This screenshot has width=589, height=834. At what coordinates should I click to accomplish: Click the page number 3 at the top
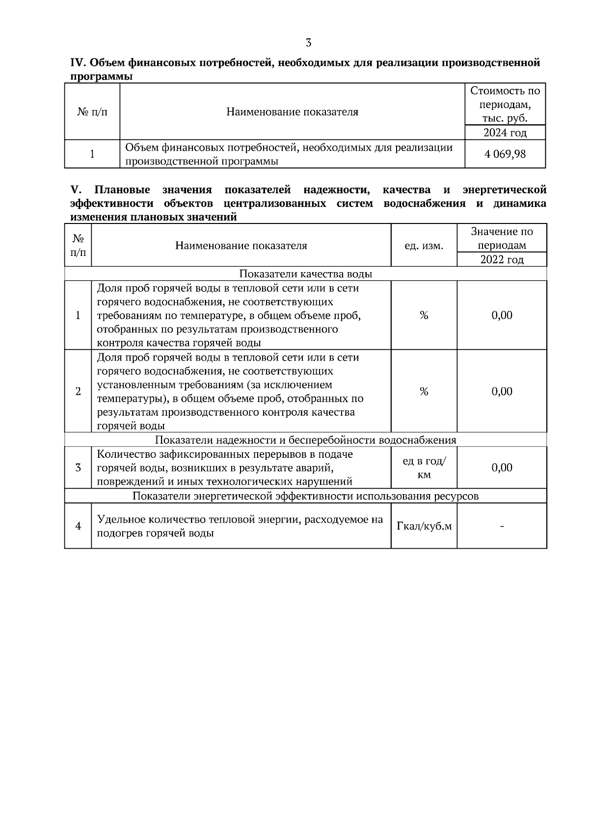308,43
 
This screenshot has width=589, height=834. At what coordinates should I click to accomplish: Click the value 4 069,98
505,154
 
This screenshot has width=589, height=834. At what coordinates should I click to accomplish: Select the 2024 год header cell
505,133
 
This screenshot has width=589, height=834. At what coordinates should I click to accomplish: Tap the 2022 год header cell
502,259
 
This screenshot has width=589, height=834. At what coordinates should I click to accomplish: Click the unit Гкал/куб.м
424,527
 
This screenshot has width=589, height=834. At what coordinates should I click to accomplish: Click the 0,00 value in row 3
502,468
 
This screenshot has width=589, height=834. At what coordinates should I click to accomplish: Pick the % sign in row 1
424,315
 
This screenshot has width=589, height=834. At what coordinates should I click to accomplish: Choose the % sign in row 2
424,391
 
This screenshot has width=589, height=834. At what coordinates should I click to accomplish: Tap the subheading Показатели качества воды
305,274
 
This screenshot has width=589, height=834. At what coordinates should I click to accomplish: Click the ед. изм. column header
424,246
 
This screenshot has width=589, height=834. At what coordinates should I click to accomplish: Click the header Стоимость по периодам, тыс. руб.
505,105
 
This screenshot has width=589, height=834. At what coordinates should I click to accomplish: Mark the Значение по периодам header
502,238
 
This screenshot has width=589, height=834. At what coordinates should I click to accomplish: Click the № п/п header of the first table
92,112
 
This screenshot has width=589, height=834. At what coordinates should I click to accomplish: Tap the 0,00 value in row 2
502,391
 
